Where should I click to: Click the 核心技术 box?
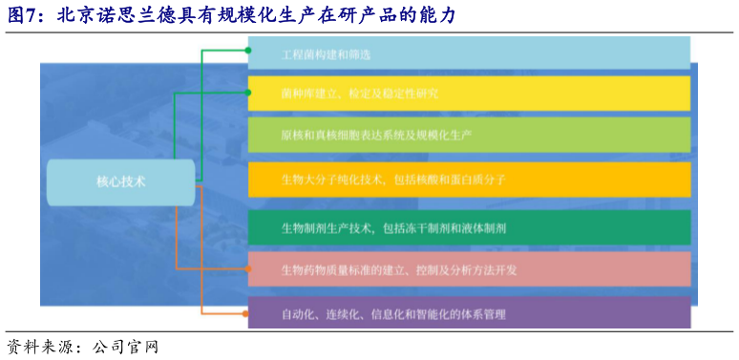120,181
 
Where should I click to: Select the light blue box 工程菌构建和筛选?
469,53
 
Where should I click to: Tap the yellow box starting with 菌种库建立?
469,94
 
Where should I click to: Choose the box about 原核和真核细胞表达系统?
469,135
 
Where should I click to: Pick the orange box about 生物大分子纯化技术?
469,179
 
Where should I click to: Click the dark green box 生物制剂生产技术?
469,227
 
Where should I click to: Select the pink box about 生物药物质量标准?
469,270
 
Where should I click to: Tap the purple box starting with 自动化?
469,313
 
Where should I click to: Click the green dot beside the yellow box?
248,93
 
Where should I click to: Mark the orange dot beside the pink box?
248,270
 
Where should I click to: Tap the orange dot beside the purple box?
248,313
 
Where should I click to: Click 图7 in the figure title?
23,15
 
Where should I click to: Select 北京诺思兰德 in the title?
104,15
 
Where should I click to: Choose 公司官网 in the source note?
125,346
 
